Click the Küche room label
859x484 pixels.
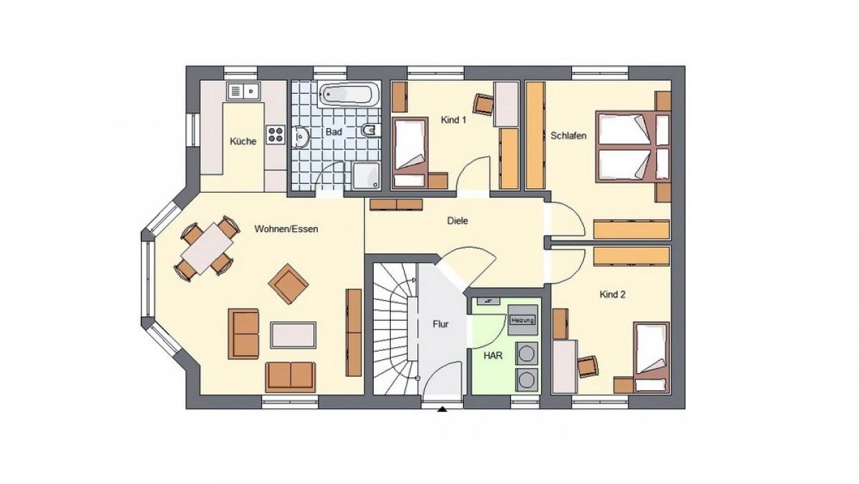(x=243, y=141)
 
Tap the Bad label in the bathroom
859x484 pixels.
(x=334, y=132)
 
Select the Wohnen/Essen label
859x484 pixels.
(x=286, y=229)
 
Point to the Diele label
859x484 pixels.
(x=457, y=221)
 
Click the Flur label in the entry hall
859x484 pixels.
(x=440, y=324)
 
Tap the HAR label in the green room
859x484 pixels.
(x=493, y=356)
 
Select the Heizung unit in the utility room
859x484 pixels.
(x=523, y=320)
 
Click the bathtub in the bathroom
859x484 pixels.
(x=349, y=95)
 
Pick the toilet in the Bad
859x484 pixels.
(x=371, y=130)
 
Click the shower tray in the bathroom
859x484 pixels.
(x=367, y=175)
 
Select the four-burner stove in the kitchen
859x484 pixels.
(x=276, y=135)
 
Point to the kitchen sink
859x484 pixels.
(x=243, y=92)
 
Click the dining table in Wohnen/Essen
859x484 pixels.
(x=208, y=249)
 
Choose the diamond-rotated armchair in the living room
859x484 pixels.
(x=288, y=284)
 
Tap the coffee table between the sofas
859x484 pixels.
(x=293, y=335)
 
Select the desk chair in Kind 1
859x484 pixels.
(x=484, y=104)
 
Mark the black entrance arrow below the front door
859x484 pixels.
(x=442, y=410)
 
